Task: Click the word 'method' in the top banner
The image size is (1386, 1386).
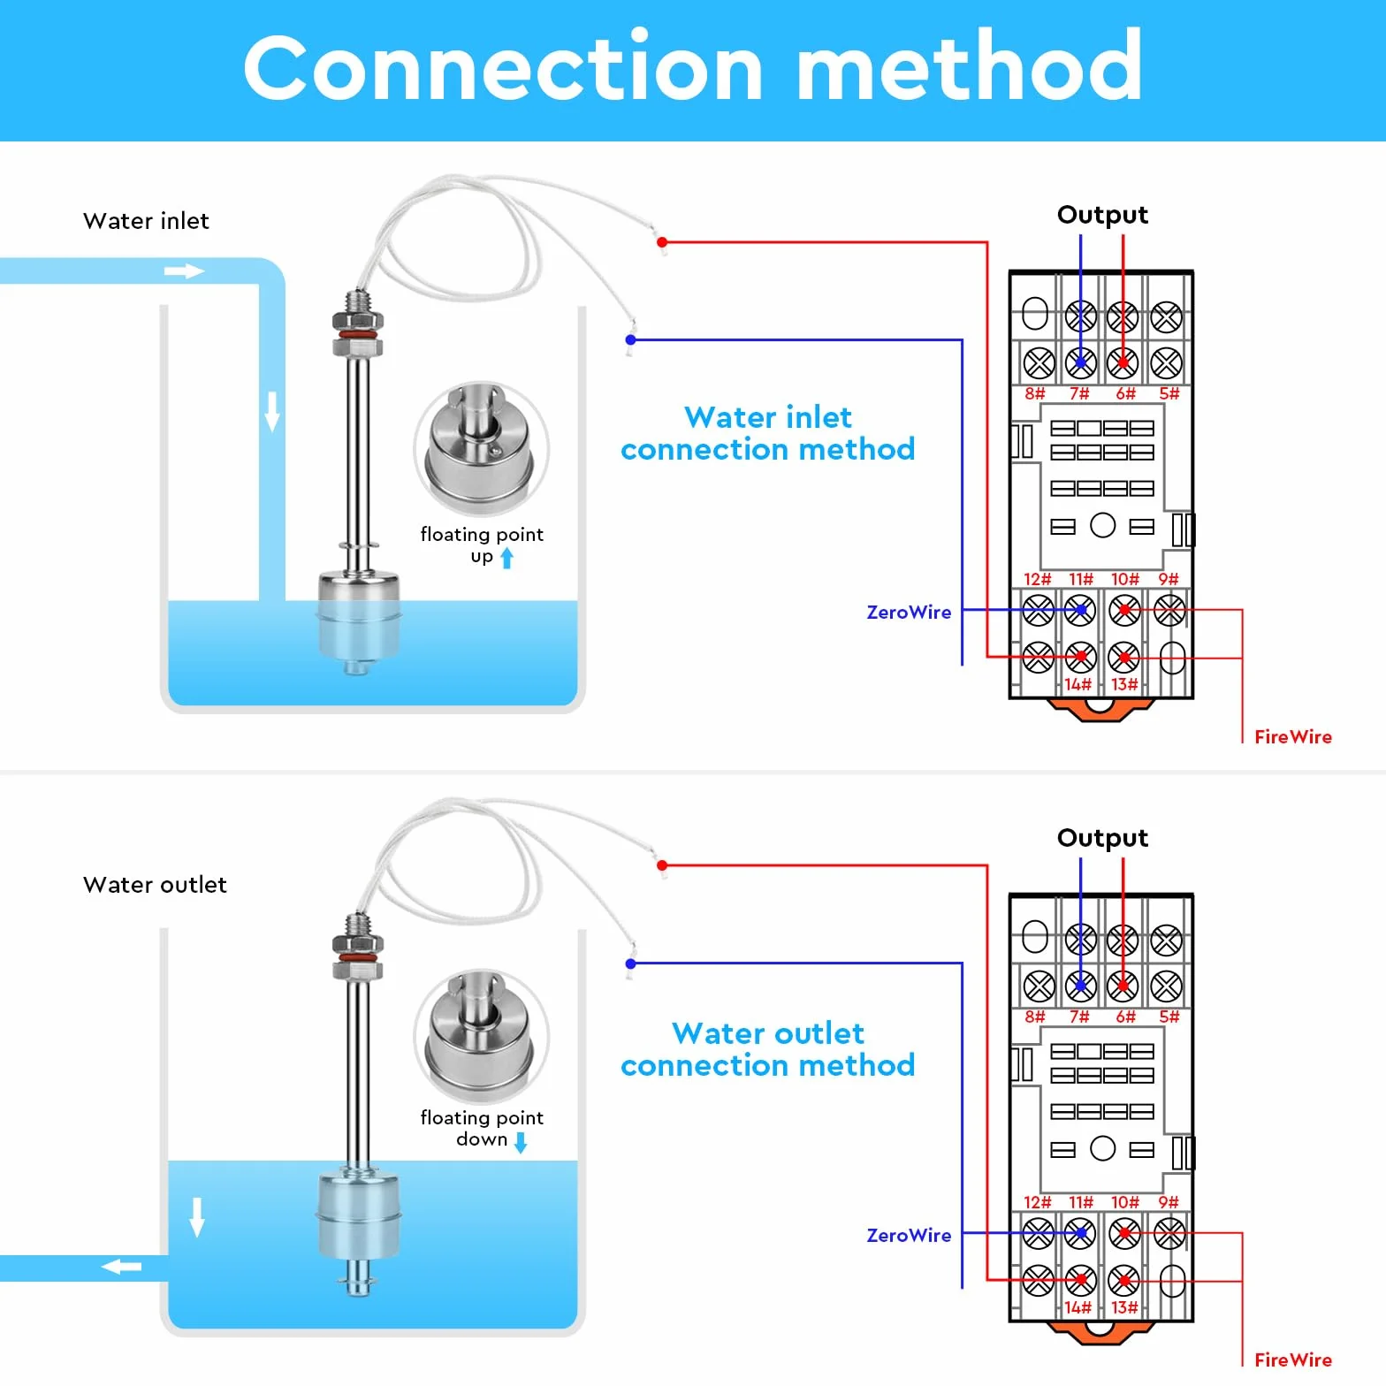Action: coord(969,66)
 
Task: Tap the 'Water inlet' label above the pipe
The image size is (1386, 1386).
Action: coord(146,221)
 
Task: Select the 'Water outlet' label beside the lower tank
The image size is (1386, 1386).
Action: coord(155,885)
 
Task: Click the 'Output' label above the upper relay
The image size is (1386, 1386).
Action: coord(1102,216)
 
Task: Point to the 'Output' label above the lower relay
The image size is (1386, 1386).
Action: coord(1102,839)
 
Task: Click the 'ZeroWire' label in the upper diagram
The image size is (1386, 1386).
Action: coord(909,613)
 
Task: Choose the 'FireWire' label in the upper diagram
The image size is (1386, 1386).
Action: coord(1292,737)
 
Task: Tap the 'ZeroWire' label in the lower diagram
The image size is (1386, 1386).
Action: coord(909,1236)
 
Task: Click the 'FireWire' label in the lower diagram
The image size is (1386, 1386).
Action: coord(1292,1359)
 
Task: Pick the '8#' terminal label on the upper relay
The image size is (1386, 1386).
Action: coord(1035,394)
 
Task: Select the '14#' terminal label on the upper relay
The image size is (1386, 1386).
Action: coord(1078,684)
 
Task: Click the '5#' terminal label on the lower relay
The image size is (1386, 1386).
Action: coord(1169,1017)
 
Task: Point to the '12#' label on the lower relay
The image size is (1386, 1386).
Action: coord(1037,1202)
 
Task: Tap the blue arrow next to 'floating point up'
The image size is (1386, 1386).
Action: coord(506,558)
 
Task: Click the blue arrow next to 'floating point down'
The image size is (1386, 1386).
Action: coord(521,1143)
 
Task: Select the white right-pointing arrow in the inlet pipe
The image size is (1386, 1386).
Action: coord(184,271)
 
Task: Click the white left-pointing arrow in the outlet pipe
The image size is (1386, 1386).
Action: coord(121,1268)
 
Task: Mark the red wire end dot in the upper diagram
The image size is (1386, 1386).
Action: coord(662,242)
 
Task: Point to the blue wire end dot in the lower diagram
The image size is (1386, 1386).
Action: coord(630,963)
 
